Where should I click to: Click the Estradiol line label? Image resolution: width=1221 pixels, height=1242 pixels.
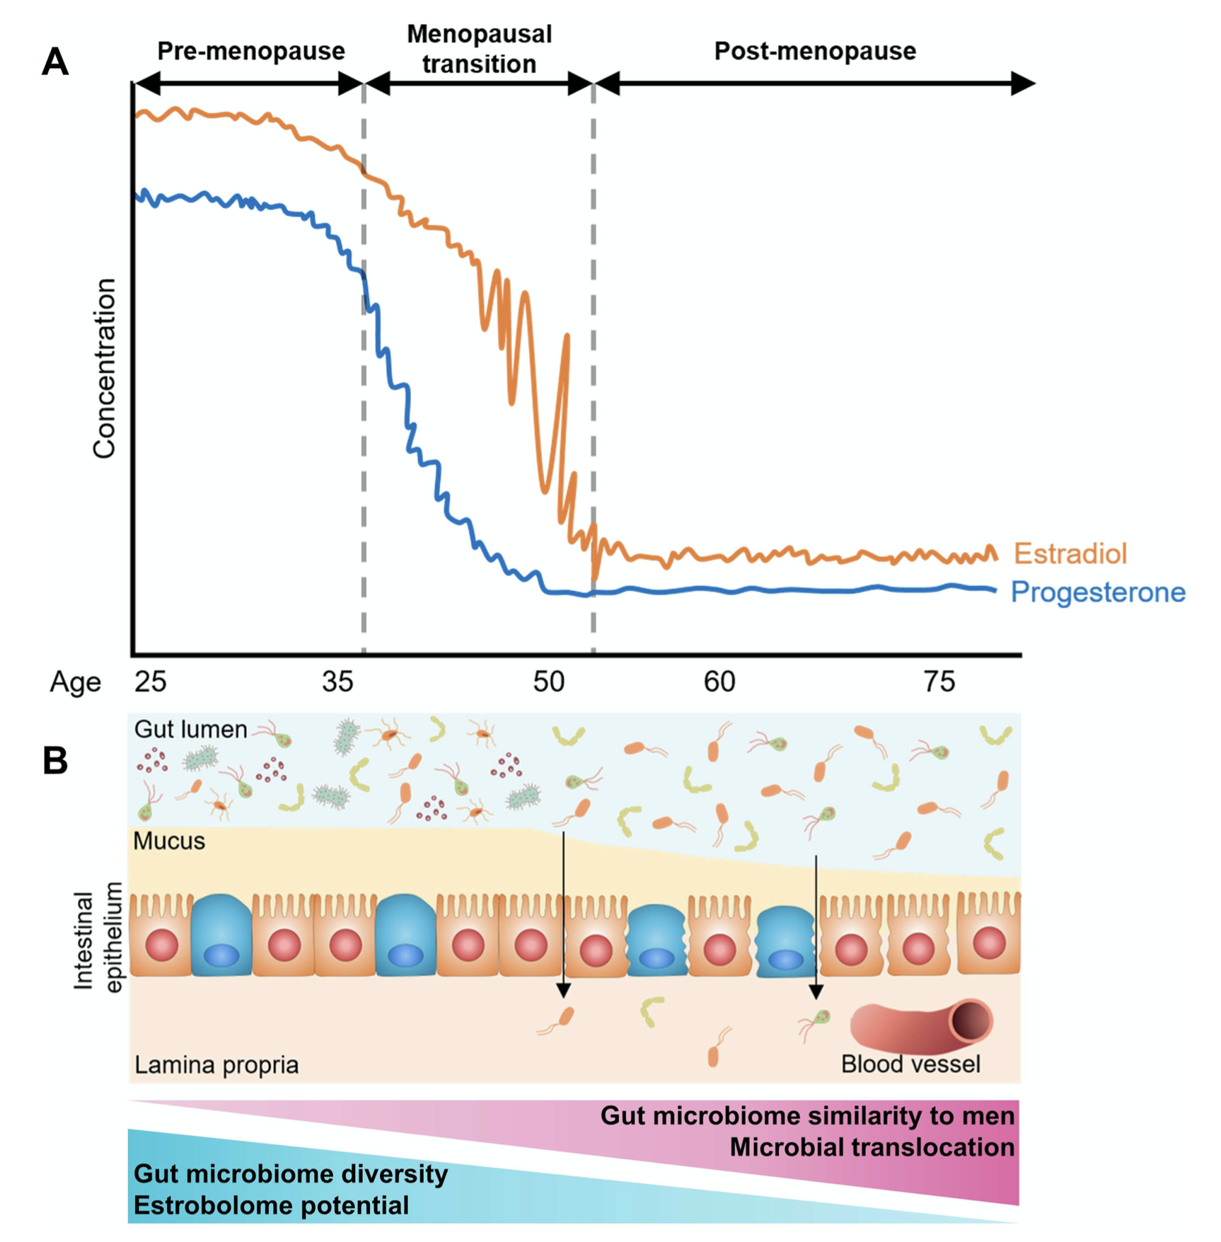pyautogui.click(x=1070, y=553)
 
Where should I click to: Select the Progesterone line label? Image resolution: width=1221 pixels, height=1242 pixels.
pyautogui.click(x=1097, y=592)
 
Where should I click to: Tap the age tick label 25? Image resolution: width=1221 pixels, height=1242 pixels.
pyautogui.click(x=150, y=682)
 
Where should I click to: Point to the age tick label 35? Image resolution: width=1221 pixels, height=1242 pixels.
pyautogui.click(x=337, y=682)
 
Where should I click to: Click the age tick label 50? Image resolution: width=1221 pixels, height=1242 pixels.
pyautogui.click(x=549, y=682)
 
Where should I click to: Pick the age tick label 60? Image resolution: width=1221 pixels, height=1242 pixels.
pyautogui.click(x=719, y=682)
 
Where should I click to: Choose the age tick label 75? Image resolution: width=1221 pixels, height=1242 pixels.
pyautogui.click(x=939, y=682)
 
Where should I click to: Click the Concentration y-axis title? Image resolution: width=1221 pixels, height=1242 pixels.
pyautogui.click(x=105, y=368)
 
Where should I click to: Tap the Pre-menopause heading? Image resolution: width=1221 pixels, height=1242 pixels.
pyautogui.click(x=250, y=51)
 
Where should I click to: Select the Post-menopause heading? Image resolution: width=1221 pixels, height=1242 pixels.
pyautogui.click(x=815, y=51)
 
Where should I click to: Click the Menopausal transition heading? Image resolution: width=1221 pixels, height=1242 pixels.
pyautogui.click(x=479, y=49)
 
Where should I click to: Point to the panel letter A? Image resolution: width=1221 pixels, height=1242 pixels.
pyautogui.click(x=55, y=62)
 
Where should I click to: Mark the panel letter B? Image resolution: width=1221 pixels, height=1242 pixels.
pyautogui.click(x=55, y=761)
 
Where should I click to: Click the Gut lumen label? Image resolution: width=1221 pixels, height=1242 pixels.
pyautogui.click(x=191, y=729)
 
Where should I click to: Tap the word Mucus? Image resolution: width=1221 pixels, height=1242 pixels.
pyautogui.click(x=169, y=841)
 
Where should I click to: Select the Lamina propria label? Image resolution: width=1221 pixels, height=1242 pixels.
pyautogui.click(x=216, y=1064)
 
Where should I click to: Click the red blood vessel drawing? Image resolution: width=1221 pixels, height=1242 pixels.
pyautogui.click(x=921, y=1024)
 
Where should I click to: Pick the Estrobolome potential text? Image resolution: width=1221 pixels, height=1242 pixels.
pyautogui.click(x=271, y=1204)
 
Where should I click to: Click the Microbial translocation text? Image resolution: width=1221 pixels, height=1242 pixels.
pyautogui.click(x=872, y=1146)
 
